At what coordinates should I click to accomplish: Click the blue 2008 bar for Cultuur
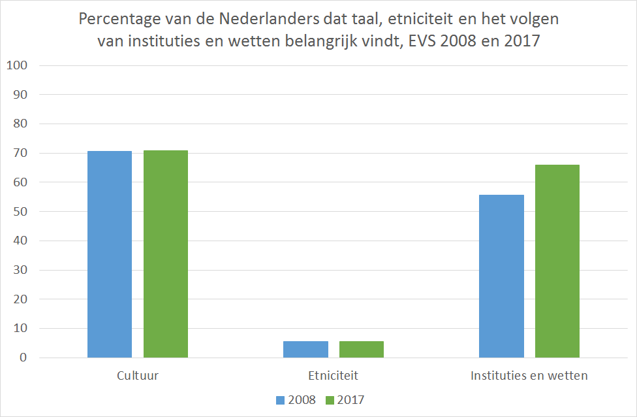click(x=110, y=254)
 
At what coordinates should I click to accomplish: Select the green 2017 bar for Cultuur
click(x=166, y=254)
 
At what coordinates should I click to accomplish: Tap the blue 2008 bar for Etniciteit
click(x=305, y=350)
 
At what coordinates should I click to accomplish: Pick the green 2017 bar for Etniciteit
click(x=362, y=350)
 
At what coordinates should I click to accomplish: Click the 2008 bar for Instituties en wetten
click(x=501, y=276)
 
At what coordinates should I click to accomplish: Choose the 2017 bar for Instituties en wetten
click(x=557, y=261)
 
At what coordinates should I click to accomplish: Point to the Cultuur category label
click(x=138, y=376)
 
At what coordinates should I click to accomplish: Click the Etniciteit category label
click(x=333, y=376)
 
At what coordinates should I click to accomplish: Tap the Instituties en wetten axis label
click(x=529, y=376)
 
